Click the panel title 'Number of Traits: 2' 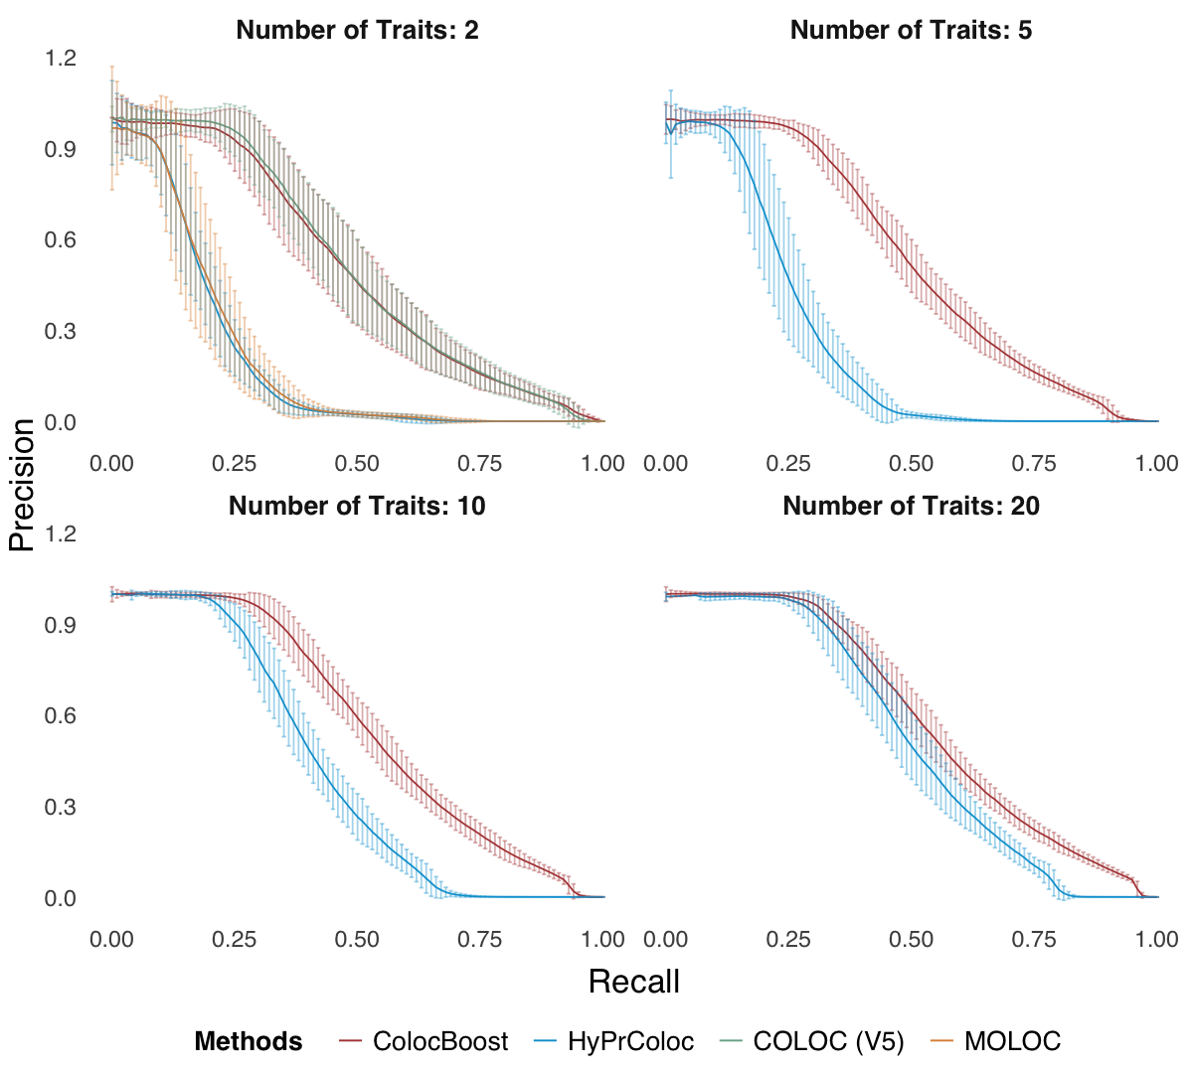(357, 30)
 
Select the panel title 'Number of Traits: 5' (911, 30)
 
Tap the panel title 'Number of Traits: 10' (357, 506)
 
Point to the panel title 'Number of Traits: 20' (911, 506)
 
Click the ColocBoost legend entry (439, 1041)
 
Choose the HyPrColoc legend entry (630, 1041)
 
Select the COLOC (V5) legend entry (828, 1041)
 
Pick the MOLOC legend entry (1012, 1041)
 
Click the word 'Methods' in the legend (249, 1041)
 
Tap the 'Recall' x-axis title (634, 982)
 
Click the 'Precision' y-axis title (22, 484)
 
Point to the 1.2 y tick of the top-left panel (61, 58)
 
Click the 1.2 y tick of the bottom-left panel (61, 534)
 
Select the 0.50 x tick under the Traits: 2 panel (357, 463)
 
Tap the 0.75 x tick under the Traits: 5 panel (1034, 463)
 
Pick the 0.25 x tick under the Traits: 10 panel (235, 939)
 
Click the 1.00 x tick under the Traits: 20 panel (1157, 939)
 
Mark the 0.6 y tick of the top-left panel (61, 239)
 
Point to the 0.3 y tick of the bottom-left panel (61, 807)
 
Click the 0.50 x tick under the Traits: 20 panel (911, 939)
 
